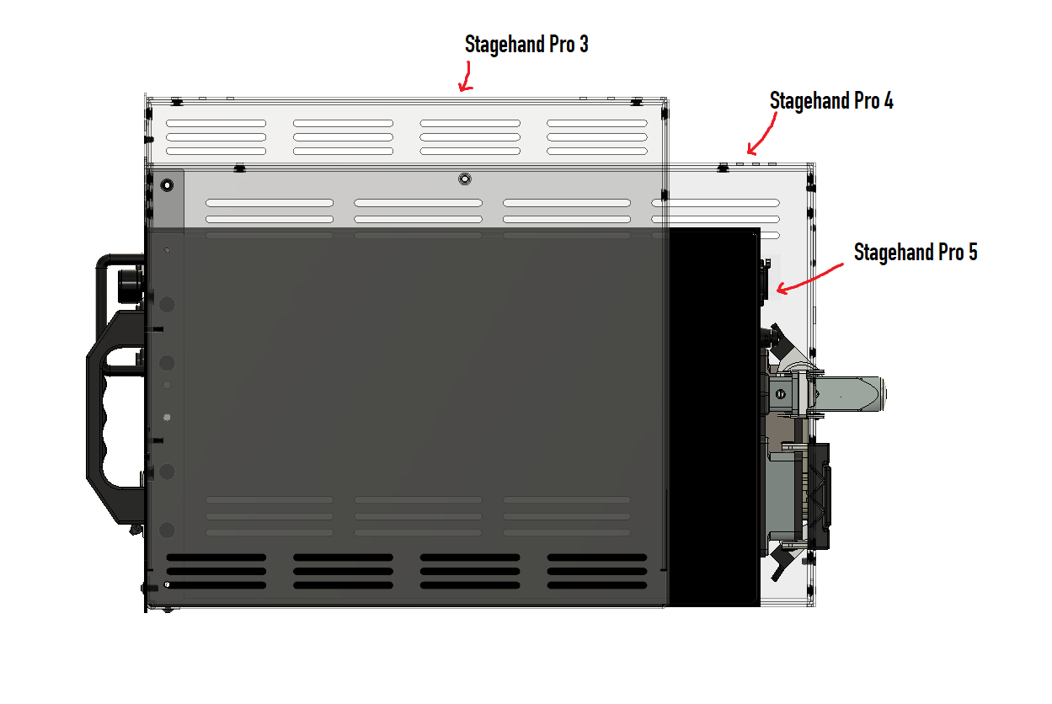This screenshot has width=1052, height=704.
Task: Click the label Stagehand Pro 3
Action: point(526,45)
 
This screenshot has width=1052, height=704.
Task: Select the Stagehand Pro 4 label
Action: point(831,101)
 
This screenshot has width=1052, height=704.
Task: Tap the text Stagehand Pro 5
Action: point(916,252)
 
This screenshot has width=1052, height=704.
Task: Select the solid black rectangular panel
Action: point(714,416)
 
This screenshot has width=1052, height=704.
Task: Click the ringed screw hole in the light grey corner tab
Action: point(167,184)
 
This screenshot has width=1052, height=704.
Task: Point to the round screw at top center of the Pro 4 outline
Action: point(464,179)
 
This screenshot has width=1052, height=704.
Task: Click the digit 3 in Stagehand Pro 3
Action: point(583,45)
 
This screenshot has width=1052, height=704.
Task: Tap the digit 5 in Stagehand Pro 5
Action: point(972,252)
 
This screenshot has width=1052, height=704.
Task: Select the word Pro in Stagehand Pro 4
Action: point(867,101)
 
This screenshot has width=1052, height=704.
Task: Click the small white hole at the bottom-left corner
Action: point(168,584)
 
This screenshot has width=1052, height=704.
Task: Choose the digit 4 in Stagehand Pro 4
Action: point(888,101)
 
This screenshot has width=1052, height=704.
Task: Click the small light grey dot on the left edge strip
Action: point(167,417)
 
